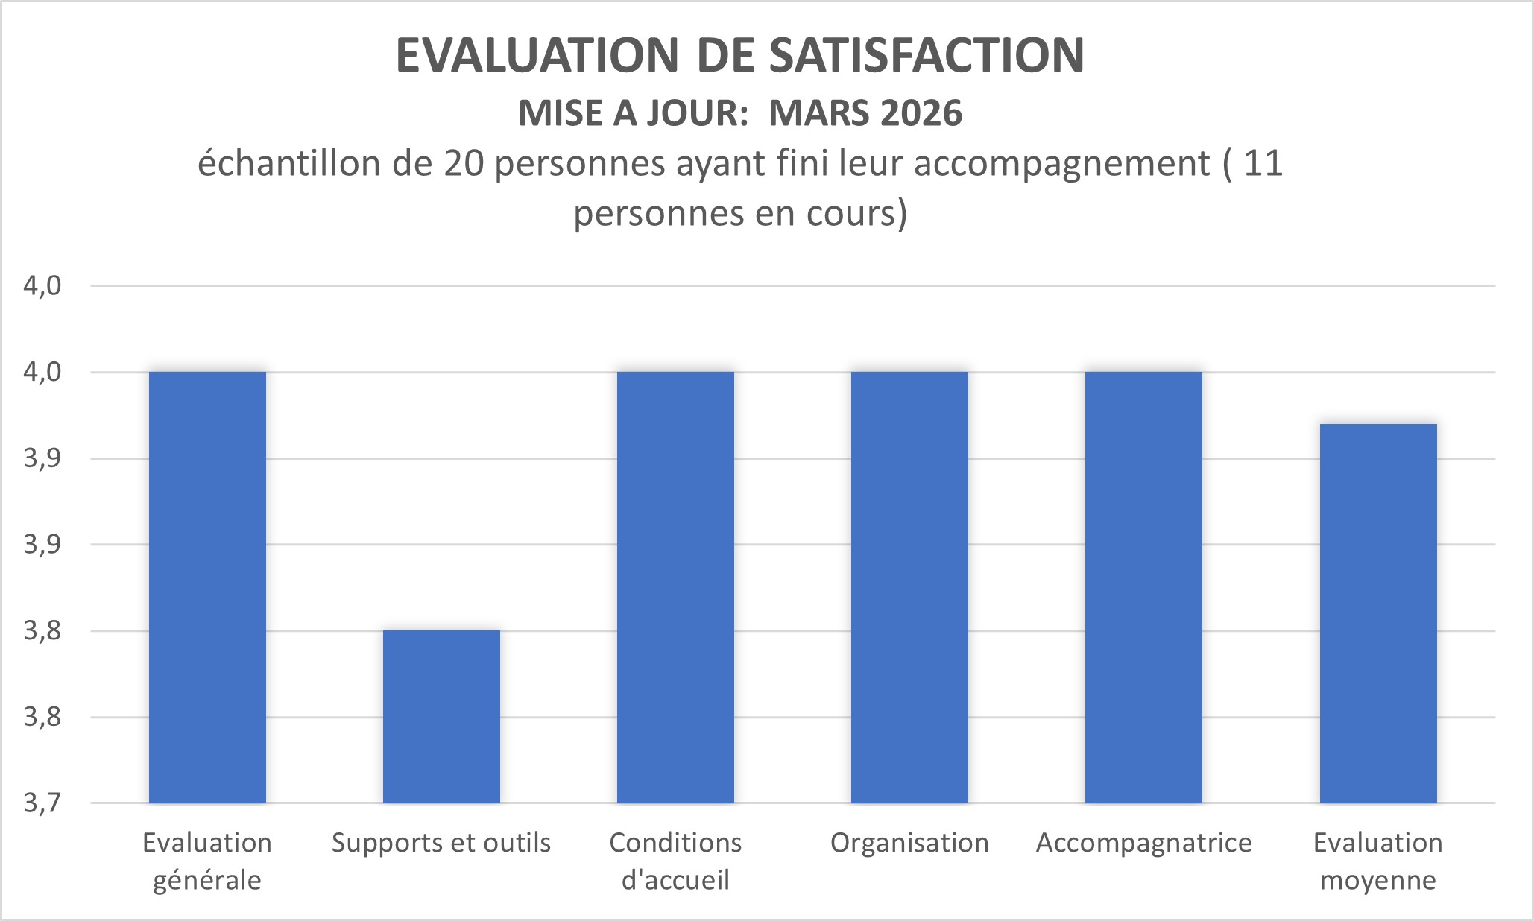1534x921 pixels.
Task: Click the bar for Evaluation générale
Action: (x=207, y=587)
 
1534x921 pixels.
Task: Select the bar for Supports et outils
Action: (x=441, y=717)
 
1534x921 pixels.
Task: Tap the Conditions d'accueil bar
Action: (x=675, y=587)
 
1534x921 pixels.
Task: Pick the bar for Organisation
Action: (x=909, y=587)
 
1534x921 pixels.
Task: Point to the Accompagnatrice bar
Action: (x=1143, y=587)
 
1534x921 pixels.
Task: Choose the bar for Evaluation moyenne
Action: (x=1377, y=613)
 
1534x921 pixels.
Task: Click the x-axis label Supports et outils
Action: (x=441, y=843)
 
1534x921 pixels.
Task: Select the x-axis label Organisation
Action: (x=909, y=843)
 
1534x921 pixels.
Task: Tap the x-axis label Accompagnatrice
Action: (x=1143, y=843)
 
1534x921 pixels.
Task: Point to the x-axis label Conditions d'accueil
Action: (x=675, y=861)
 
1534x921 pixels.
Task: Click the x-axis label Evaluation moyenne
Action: (x=1377, y=861)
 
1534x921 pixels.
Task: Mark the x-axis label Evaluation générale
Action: (x=207, y=861)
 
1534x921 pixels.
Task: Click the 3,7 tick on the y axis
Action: (x=42, y=803)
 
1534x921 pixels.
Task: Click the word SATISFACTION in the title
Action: (x=927, y=55)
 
